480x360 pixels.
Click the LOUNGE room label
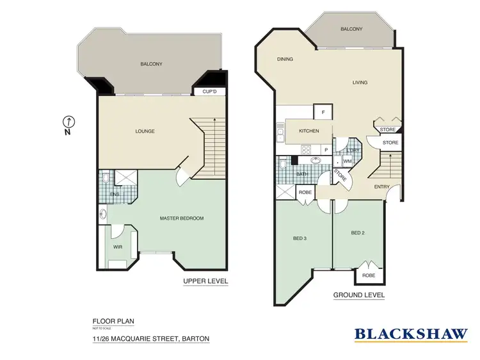click(x=145, y=131)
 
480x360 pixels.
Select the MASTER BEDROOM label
click(x=181, y=218)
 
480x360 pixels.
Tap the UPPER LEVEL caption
click(x=205, y=281)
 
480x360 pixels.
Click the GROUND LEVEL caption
click(x=358, y=295)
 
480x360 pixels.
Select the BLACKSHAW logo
click(x=410, y=334)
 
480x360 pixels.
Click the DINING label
click(x=285, y=60)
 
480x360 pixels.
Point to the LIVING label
click(x=360, y=82)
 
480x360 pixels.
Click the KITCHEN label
click(x=308, y=131)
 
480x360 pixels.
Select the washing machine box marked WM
click(x=348, y=161)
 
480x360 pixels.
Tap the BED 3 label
click(x=300, y=238)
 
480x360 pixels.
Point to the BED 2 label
click(x=358, y=233)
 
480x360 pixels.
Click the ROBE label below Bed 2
click(x=370, y=275)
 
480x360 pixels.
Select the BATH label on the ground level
click(x=302, y=174)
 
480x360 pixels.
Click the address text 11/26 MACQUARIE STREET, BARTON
click(x=151, y=338)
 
